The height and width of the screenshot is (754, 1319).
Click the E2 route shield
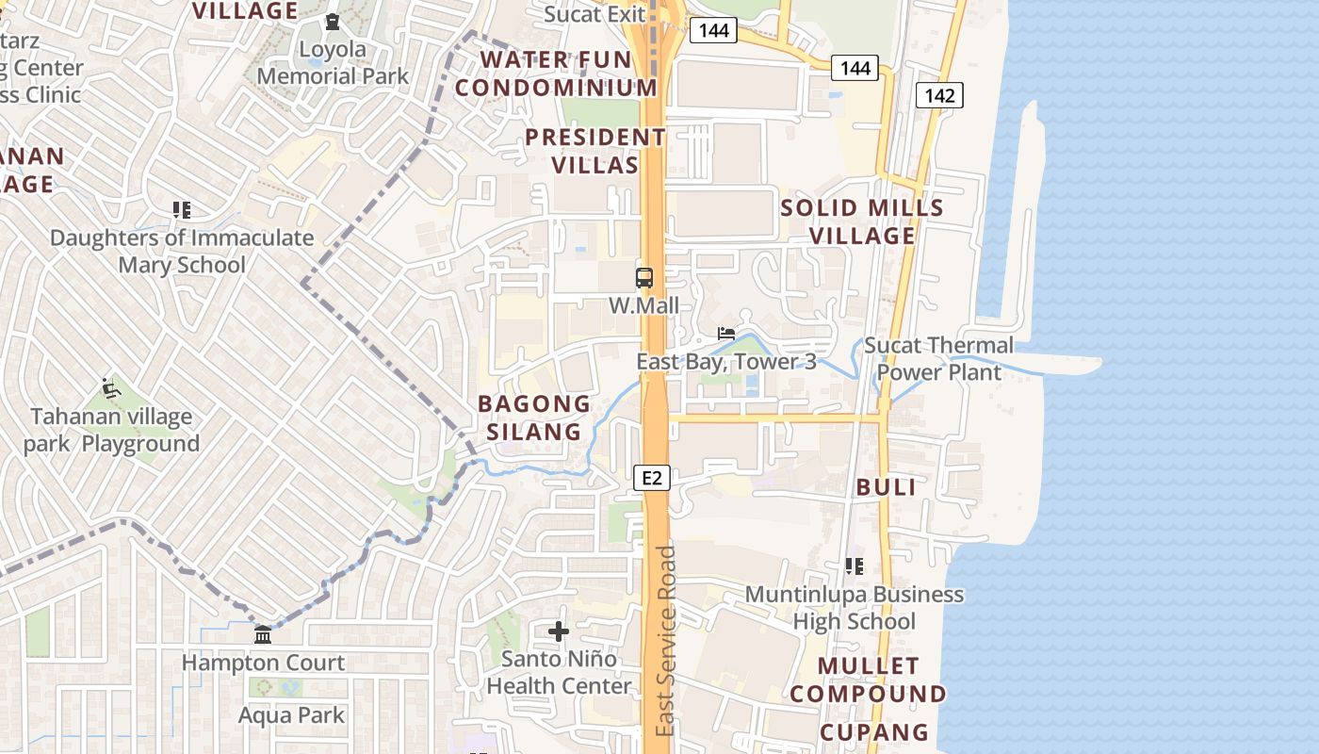(x=651, y=478)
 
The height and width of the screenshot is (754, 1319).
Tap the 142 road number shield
(x=939, y=94)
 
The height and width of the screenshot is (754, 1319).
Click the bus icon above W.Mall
(x=644, y=278)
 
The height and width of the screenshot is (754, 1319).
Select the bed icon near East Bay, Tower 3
(x=726, y=334)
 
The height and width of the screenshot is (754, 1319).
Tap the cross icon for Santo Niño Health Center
(x=559, y=631)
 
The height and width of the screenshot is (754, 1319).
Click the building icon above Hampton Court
(x=263, y=634)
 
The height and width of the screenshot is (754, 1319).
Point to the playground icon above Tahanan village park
(x=111, y=387)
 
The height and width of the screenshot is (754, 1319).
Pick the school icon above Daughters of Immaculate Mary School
(x=182, y=210)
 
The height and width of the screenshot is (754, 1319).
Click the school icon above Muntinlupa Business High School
(x=855, y=566)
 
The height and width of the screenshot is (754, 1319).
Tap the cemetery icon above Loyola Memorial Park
(x=333, y=22)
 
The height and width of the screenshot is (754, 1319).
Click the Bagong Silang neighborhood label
(x=534, y=418)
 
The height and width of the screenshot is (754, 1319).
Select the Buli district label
(x=886, y=487)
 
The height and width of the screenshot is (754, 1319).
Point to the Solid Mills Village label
(x=862, y=221)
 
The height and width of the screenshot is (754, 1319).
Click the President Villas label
(x=595, y=151)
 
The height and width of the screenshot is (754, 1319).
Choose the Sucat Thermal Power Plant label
(x=938, y=359)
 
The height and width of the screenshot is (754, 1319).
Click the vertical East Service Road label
(x=666, y=641)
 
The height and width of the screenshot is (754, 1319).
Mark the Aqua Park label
(x=291, y=715)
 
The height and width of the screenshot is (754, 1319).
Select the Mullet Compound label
(x=868, y=680)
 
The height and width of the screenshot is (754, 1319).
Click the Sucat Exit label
(x=595, y=14)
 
